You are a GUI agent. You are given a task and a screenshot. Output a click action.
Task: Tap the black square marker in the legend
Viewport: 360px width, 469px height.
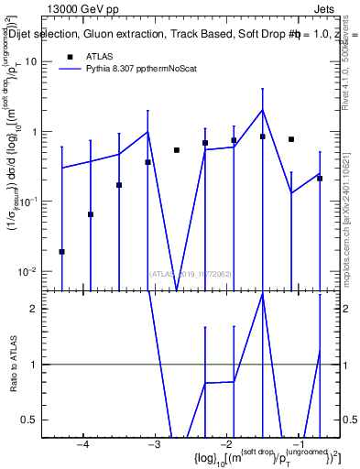coord(70,56)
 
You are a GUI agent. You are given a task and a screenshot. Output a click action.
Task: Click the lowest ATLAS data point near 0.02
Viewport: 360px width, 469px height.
coord(61,251)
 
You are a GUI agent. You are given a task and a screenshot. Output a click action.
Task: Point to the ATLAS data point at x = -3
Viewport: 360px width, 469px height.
coord(147,162)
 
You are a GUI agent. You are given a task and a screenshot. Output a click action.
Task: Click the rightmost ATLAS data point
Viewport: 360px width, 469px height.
coord(320,179)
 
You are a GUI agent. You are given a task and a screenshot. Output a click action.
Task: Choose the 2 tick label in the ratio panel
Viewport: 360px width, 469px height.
coord(39,309)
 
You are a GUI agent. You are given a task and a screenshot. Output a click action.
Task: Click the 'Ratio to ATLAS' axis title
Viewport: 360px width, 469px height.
coord(12,364)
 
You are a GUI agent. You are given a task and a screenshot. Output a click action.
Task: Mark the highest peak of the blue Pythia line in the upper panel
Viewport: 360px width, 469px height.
coord(263,110)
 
